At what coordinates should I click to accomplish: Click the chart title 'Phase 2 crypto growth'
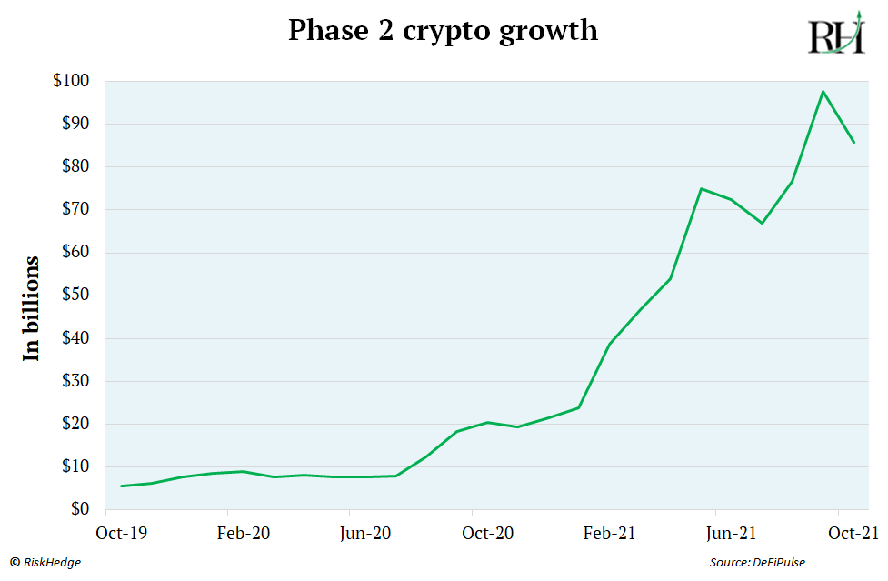pyautogui.click(x=443, y=31)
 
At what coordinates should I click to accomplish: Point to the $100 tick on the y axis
pyautogui.click(x=71, y=81)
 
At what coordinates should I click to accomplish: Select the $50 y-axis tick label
pyautogui.click(x=74, y=296)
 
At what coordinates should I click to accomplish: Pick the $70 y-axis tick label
pyautogui.click(x=74, y=209)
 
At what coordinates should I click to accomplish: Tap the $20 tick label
pyautogui.click(x=74, y=424)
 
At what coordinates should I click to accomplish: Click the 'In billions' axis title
pyautogui.click(x=32, y=308)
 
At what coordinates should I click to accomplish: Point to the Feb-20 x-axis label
pyautogui.click(x=244, y=534)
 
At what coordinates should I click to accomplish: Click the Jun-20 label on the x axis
pyautogui.click(x=365, y=534)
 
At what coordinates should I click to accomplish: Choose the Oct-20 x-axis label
pyautogui.click(x=488, y=534)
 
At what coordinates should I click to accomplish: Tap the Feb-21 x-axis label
pyautogui.click(x=610, y=534)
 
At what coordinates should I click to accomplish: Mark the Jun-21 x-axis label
pyautogui.click(x=732, y=534)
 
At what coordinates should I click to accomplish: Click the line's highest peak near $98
pyautogui.click(x=823, y=91)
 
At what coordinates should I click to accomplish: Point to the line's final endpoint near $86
pyautogui.click(x=853, y=142)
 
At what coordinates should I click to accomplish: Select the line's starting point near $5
pyautogui.click(x=121, y=486)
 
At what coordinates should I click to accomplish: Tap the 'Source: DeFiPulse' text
pyautogui.click(x=757, y=563)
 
